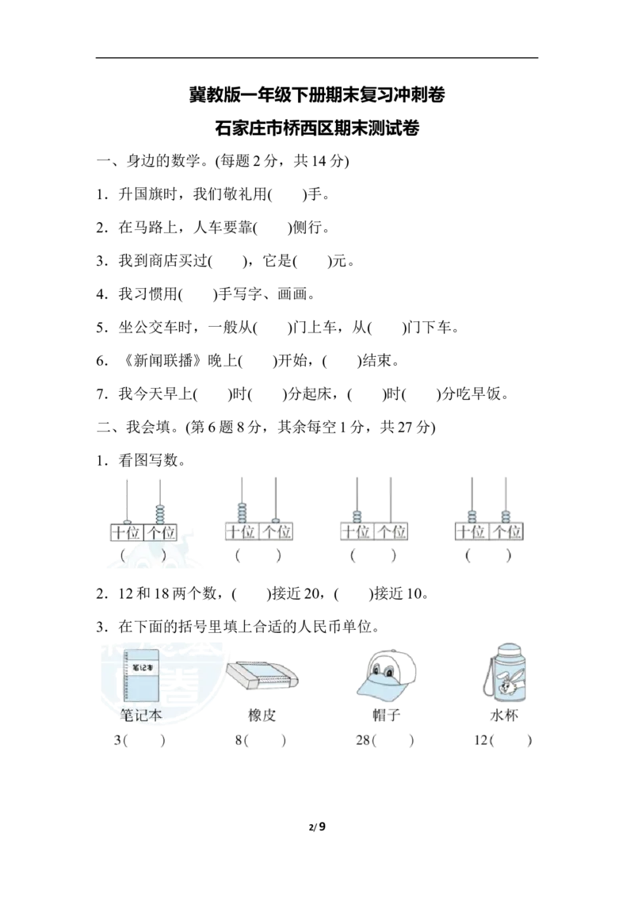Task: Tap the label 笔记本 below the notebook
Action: click(x=141, y=716)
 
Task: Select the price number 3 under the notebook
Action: click(x=117, y=741)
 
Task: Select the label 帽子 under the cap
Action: click(x=386, y=716)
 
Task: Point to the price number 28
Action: click(x=363, y=741)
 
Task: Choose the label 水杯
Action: click(x=505, y=716)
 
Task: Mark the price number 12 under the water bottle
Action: click(x=479, y=741)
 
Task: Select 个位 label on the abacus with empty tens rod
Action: click(x=162, y=532)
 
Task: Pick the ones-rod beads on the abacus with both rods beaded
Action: click(x=504, y=515)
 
